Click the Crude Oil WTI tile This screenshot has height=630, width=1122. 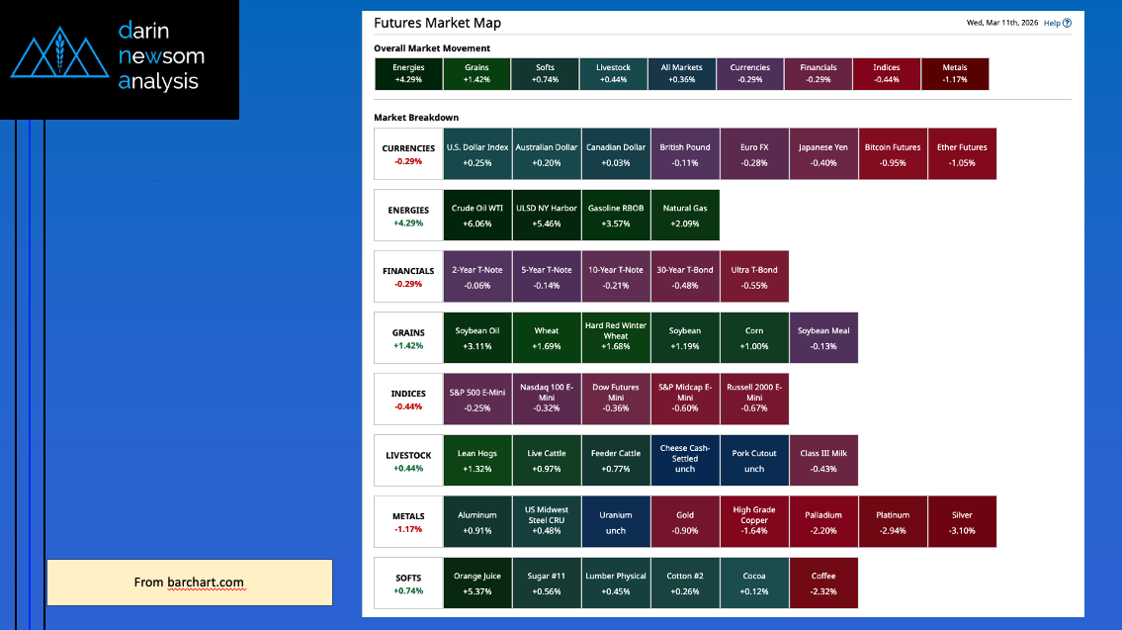pos(477,215)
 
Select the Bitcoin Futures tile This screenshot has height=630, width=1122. pos(893,153)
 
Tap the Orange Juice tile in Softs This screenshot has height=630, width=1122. pos(477,583)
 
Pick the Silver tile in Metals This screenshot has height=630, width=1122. pos(962,521)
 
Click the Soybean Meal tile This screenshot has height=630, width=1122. pos(823,337)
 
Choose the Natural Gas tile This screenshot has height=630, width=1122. pos(685,215)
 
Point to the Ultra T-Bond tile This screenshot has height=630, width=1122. pos(754,276)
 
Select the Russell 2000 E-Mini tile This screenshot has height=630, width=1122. pos(754,399)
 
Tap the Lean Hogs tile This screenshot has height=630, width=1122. pos(477,460)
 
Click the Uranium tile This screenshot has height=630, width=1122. pos(616,521)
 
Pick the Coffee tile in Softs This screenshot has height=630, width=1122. pos(823,583)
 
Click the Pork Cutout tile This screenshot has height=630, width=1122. pos(754,460)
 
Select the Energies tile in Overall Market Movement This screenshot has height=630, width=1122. pos(408,74)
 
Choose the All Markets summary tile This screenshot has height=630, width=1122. pos(681,74)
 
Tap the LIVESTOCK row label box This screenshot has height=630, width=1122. pos(408,460)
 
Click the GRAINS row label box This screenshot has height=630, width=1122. pos(408,337)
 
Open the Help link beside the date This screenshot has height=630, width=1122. pos(1057,23)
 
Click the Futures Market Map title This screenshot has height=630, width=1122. pos(437,23)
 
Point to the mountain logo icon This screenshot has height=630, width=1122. pos(59,57)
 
